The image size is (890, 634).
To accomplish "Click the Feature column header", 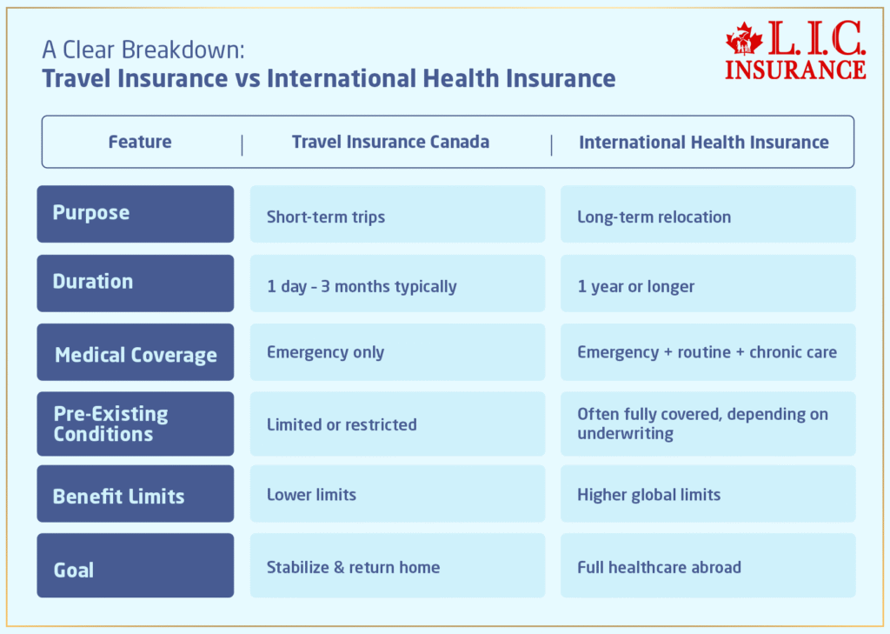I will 140,142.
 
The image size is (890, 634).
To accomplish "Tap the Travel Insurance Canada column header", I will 390,142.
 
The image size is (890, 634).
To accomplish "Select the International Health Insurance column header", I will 704,142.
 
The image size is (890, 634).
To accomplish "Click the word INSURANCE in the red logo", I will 795,69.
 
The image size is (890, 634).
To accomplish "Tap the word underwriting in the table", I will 625,433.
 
